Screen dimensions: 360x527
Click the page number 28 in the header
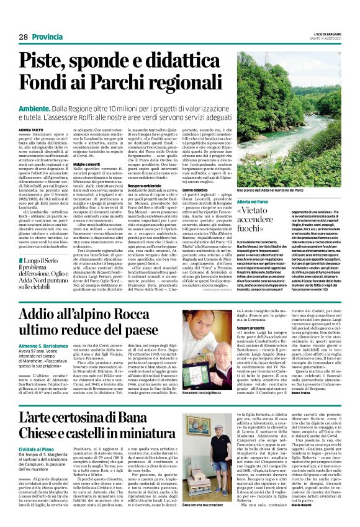tap(23, 38)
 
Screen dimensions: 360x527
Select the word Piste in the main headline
tap(49, 61)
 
